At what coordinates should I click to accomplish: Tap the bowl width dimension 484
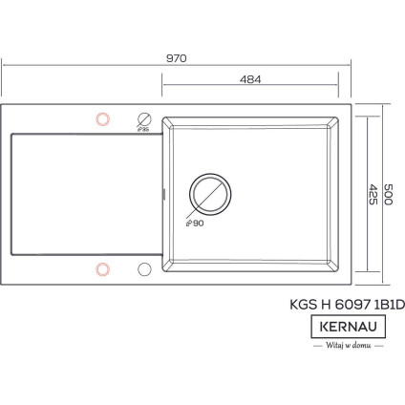249,78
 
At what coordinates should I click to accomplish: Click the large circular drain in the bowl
210,193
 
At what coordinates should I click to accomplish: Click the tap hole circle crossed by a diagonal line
144,119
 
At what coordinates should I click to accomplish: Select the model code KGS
303,306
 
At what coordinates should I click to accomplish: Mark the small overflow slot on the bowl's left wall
164,194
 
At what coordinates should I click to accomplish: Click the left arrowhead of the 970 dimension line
4,66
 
